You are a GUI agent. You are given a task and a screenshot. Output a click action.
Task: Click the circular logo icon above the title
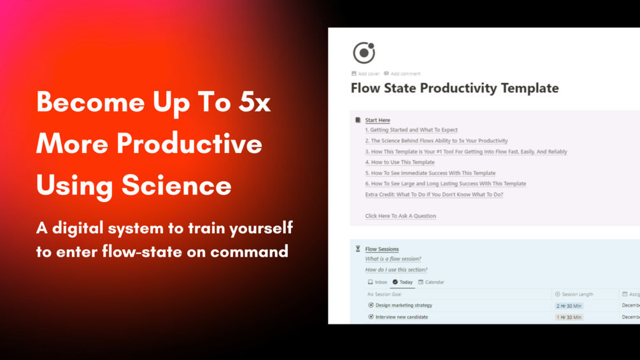click(364, 53)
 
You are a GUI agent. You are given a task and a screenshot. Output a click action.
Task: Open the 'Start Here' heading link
click(377, 120)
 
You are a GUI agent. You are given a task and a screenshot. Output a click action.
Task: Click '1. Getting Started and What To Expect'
click(411, 130)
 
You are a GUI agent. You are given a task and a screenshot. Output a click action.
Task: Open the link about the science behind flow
click(436, 141)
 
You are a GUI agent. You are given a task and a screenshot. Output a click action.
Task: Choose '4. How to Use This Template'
click(399, 162)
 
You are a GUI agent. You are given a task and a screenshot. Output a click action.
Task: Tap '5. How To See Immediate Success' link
click(430, 173)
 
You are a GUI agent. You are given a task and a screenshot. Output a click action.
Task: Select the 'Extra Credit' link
click(434, 194)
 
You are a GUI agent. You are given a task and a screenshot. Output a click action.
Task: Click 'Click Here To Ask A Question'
click(400, 216)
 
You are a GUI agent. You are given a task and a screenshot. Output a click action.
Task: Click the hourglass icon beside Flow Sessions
click(358, 249)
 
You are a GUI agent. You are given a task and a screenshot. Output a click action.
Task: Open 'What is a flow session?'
click(393, 259)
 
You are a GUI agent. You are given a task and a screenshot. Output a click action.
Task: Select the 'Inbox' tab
click(378, 282)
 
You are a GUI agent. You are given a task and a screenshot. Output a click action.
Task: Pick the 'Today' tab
click(402, 282)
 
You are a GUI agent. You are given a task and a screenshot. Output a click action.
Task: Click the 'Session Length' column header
click(577, 294)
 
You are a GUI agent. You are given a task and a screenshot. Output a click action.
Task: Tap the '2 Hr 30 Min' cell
click(569, 306)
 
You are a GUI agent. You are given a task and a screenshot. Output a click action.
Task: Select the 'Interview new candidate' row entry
click(401, 317)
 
